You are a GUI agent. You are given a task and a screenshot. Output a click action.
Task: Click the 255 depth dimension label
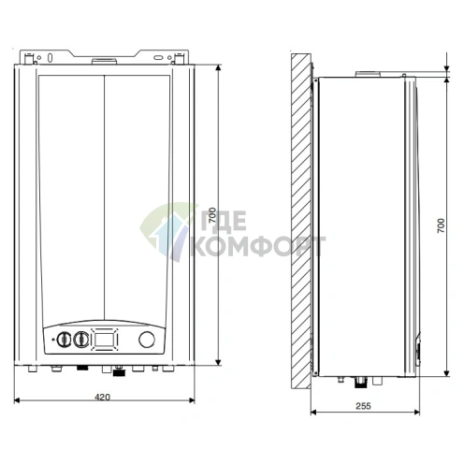tap(363, 405)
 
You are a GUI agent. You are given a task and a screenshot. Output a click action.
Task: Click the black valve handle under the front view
tap(119, 371)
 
